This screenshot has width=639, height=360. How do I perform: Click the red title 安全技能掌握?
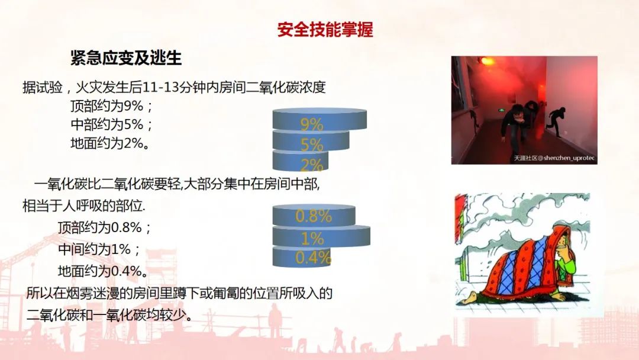coord(325,30)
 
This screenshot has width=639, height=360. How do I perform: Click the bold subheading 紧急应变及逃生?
coord(126,58)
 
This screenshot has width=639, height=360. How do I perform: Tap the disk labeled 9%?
coord(319,119)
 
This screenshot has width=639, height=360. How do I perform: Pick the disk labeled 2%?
coord(300,160)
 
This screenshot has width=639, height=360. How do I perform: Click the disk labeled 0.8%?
coord(314,216)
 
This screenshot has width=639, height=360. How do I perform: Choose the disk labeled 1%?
coord(321,236)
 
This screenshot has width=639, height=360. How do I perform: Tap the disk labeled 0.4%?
coord(301,257)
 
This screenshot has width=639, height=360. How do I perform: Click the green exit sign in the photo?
coord(499,110)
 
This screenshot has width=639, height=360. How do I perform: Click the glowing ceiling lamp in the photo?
coord(486,61)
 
